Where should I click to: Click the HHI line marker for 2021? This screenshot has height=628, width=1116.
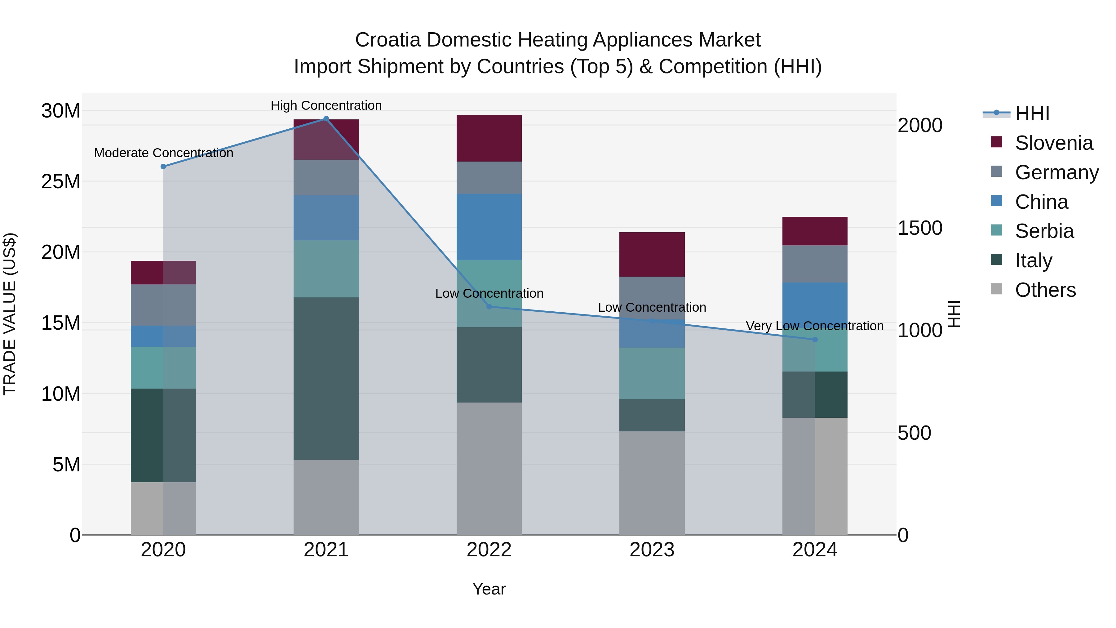point(326,119)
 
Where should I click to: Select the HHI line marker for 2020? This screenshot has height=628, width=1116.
point(163,167)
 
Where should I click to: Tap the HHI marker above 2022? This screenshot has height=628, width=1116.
point(489,306)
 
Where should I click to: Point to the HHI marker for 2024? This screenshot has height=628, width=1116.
point(815,339)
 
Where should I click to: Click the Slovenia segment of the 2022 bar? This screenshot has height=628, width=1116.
point(489,138)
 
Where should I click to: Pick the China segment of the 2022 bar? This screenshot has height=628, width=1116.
point(489,227)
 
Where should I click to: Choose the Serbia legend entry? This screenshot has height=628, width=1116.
point(1044,231)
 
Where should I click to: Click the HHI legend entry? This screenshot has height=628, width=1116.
point(1031,114)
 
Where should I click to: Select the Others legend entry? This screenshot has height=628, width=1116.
point(1044,290)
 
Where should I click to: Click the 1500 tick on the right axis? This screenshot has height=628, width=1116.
point(920,228)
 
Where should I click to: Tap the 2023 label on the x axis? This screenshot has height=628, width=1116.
point(652,550)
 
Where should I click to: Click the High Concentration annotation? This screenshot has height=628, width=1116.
point(326,105)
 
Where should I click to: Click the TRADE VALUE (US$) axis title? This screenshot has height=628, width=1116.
point(10,314)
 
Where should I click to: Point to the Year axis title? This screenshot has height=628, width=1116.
point(489,589)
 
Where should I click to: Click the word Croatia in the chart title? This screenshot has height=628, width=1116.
point(388,40)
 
